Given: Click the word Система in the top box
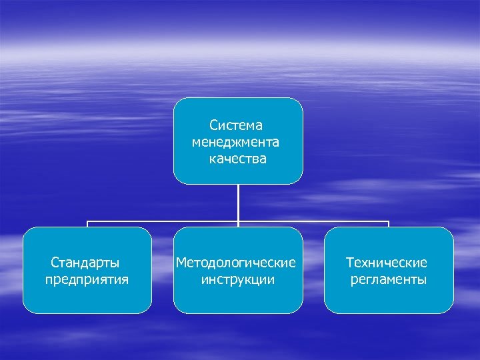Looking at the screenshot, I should [237, 125].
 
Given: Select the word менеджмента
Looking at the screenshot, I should [236, 142].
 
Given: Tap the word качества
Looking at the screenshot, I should [237, 159].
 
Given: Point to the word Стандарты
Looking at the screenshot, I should [87, 263].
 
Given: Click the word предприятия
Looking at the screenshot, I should [87, 279].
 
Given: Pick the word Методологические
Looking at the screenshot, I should [236, 263].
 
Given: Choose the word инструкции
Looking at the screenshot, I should [237, 279].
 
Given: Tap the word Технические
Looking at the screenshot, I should [387, 263].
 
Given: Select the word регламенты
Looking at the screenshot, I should [389, 279].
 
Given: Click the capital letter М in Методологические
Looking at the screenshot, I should [181, 263].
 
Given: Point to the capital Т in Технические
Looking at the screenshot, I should [349, 263].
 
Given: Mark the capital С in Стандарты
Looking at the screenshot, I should [55, 263].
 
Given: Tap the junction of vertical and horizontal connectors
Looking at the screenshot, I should [238, 221].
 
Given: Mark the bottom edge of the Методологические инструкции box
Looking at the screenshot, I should [238, 313].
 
